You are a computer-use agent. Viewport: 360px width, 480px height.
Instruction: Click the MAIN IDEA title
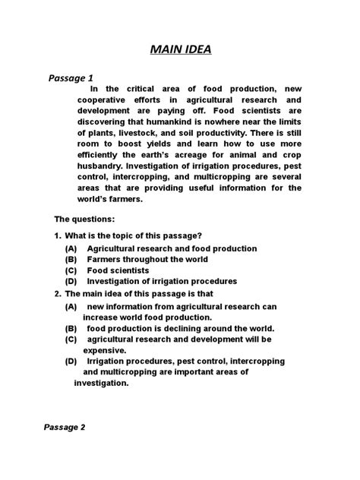(180, 50)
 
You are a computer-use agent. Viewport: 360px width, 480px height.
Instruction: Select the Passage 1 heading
(71, 77)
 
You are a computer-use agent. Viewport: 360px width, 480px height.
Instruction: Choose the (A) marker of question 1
(71, 249)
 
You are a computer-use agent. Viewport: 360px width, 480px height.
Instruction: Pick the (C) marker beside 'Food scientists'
(71, 270)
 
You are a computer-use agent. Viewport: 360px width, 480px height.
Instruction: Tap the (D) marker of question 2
(71, 362)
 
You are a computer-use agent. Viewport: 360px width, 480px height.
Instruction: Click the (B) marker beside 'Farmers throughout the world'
(71, 260)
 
